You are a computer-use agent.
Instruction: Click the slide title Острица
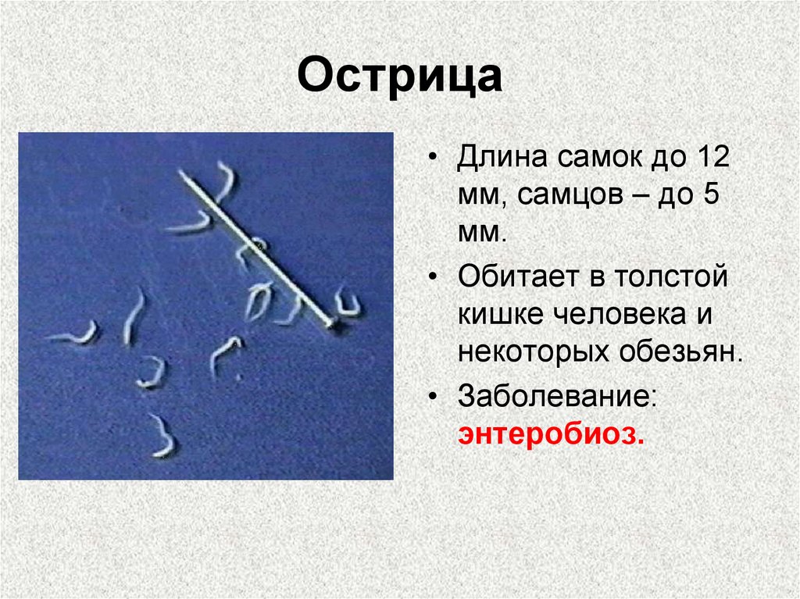[399, 78]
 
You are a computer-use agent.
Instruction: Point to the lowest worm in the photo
[162, 437]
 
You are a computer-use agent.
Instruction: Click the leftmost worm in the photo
[74, 335]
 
